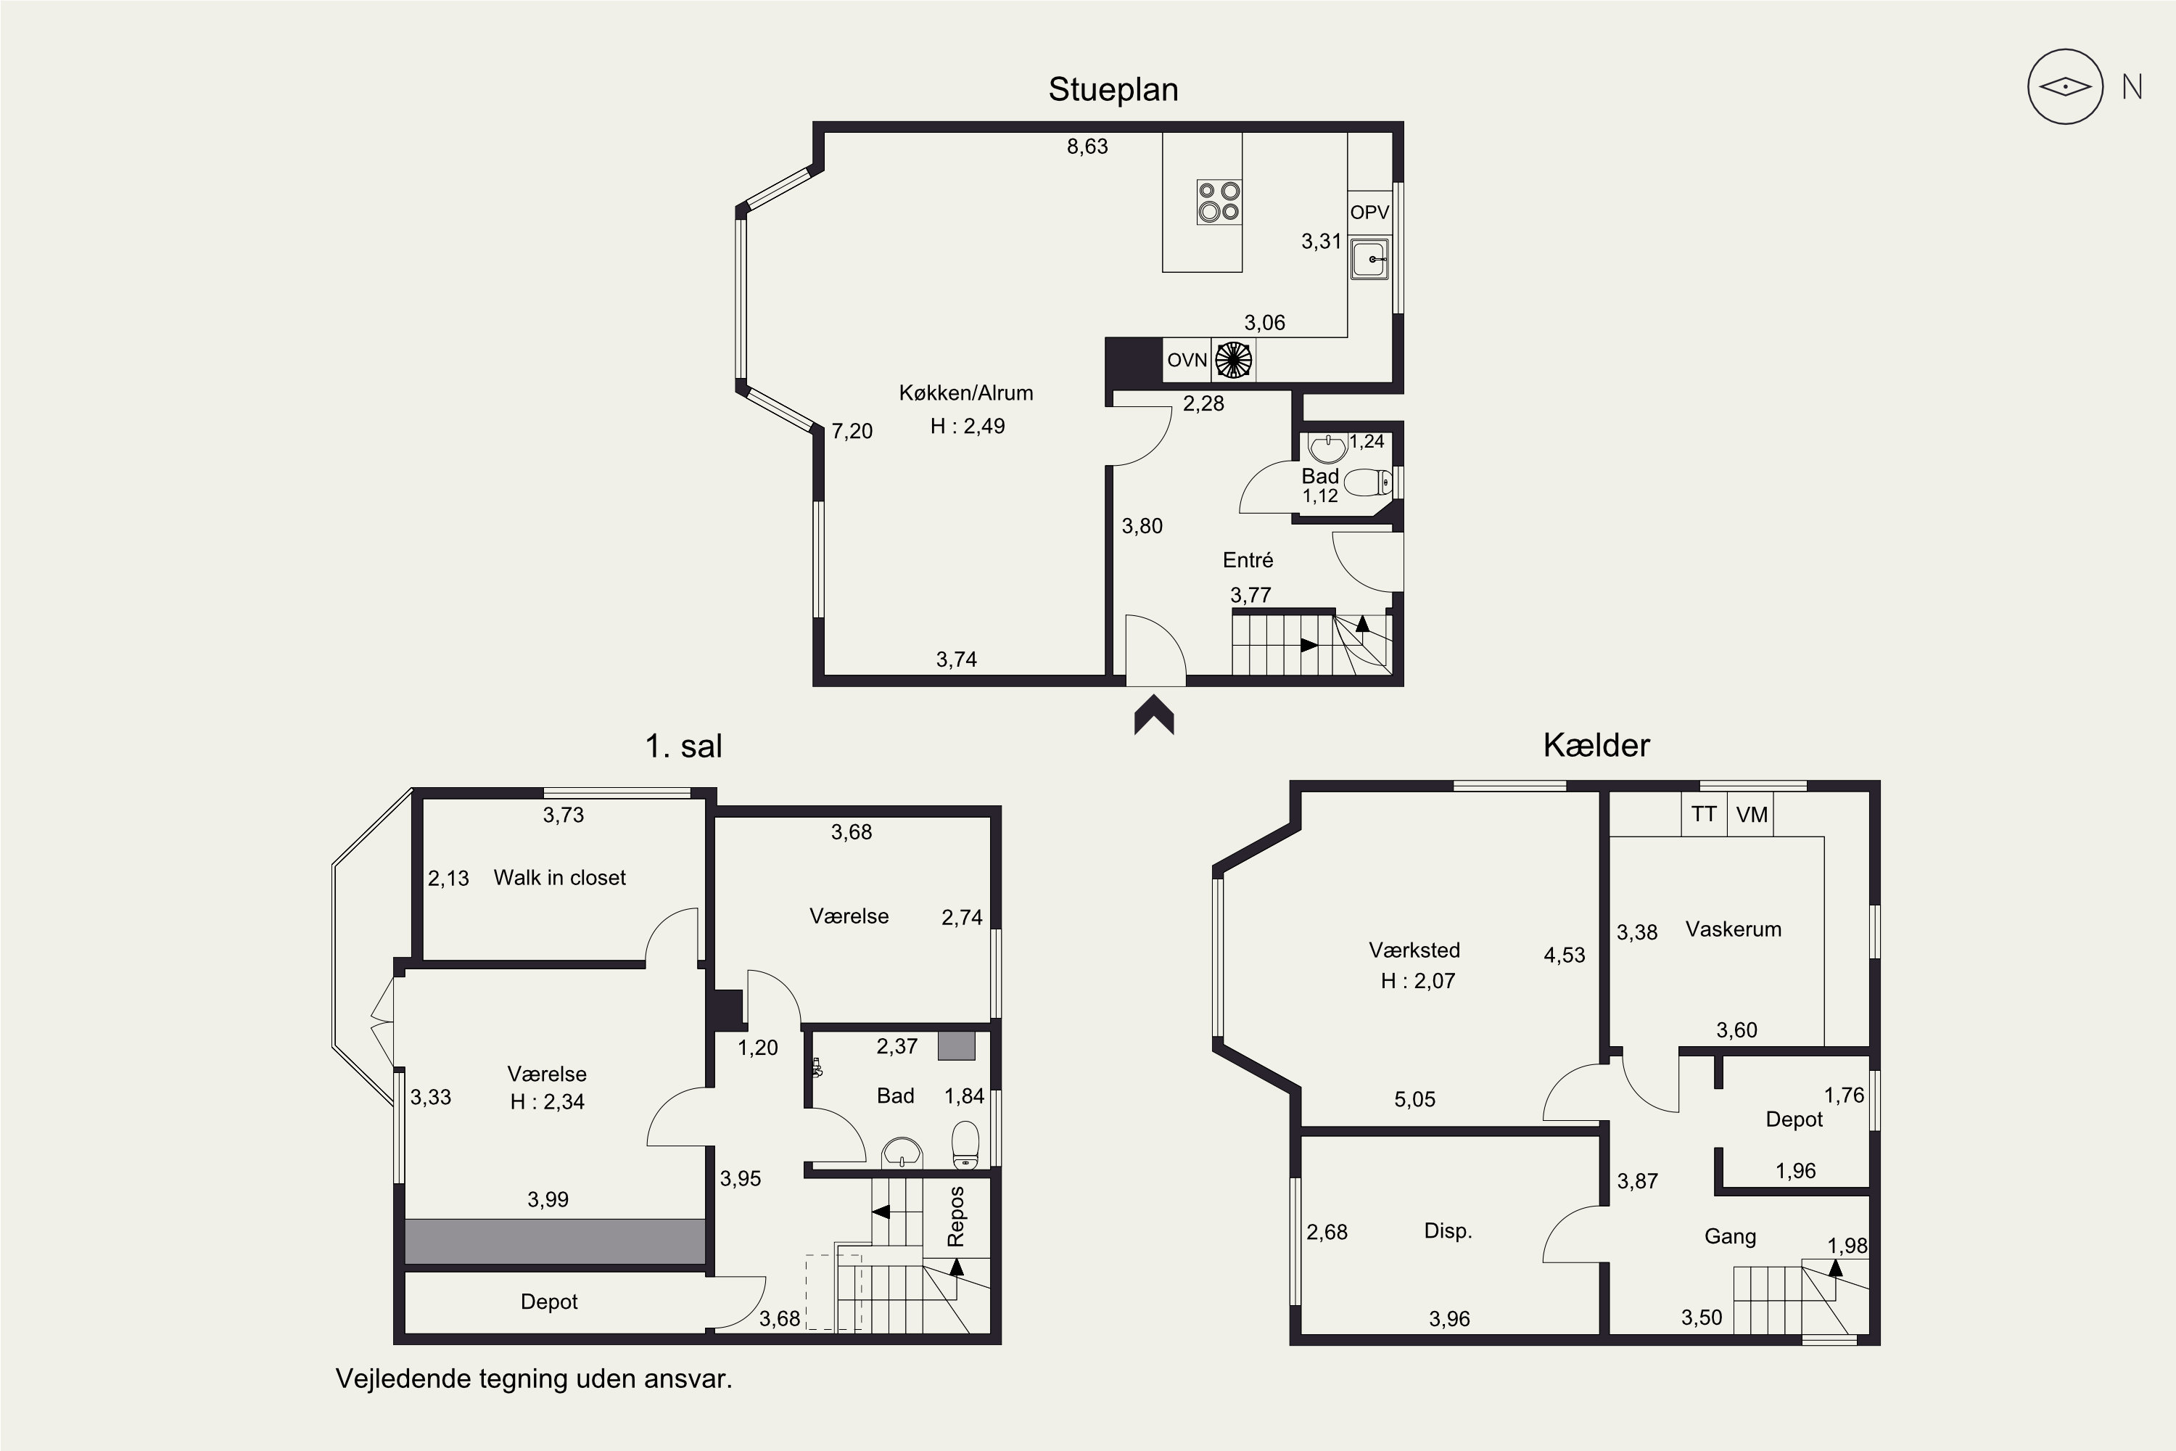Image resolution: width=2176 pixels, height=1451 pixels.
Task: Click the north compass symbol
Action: [x=2065, y=87]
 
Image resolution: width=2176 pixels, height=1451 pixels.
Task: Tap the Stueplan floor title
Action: [x=1113, y=90]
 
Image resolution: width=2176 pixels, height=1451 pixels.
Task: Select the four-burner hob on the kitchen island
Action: [x=1219, y=202]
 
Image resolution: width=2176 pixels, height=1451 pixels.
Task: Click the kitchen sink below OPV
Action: [x=1369, y=258]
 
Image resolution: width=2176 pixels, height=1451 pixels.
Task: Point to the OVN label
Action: [x=1187, y=360]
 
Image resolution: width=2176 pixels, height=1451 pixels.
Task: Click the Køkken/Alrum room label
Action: [x=966, y=392]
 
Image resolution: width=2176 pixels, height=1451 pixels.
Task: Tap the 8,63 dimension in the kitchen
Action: [x=1087, y=147]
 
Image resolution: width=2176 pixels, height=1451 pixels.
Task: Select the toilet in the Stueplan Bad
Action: [x=1367, y=482]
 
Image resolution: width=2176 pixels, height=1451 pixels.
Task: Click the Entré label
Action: [x=1248, y=560]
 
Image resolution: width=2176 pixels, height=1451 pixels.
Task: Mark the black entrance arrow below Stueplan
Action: [x=1155, y=715]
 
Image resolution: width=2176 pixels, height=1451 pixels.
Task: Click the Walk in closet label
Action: [x=560, y=877]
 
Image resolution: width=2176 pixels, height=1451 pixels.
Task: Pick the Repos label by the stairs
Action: [x=957, y=1216]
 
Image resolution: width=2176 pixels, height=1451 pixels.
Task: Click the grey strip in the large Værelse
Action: [x=555, y=1241]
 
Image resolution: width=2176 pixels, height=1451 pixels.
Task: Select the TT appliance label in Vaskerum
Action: [x=1704, y=814]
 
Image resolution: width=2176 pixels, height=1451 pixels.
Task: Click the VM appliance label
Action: [x=1752, y=814]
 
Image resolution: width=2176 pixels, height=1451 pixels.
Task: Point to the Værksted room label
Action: [x=1414, y=950]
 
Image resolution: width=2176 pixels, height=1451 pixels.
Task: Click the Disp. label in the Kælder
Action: [x=1448, y=1230]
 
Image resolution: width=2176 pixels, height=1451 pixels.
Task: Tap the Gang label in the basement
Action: [x=1730, y=1236]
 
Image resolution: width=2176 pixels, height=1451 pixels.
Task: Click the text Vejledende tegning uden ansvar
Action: [x=534, y=1379]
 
